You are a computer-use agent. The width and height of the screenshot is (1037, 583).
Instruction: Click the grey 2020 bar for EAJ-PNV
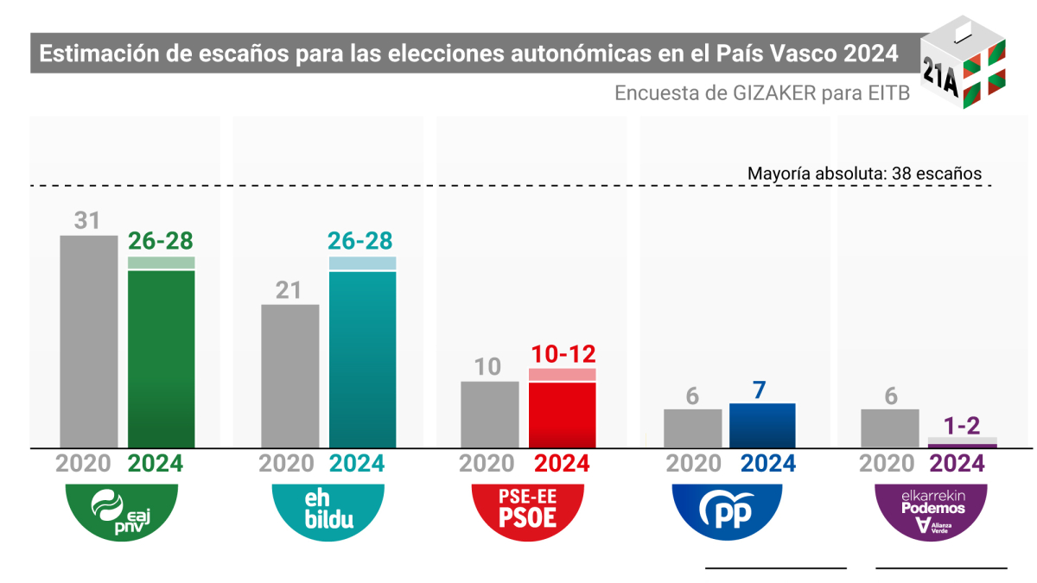pyautogui.click(x=88, y=341)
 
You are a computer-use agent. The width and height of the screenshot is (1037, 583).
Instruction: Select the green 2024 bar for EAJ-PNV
pyautogui.click(x=161, y=358)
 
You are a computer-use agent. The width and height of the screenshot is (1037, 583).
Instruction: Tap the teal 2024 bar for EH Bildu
pyautogui.click(x=362, y=358)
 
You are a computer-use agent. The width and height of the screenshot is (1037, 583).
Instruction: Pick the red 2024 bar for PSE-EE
pyautogui.click(x=562, y=414)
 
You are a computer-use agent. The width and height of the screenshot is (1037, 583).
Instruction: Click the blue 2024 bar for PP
pyautogui.click(x=762, y=425)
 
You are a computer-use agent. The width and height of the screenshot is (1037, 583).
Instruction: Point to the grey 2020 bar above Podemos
pyautogui.click(x=889, y=428)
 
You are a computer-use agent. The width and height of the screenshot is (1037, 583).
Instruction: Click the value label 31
pyautogui.click(x=87, y=221)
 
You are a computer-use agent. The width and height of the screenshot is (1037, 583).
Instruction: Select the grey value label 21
pyautogui.click(x=289, y=290)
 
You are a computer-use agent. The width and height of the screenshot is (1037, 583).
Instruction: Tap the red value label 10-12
pyautogui.click(x=562, y=354)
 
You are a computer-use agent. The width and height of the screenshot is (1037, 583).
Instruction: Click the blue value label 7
pyautogui.click(x=760, y=390)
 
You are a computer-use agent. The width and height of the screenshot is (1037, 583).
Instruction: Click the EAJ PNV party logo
pyautogui.click(x=122, y=512)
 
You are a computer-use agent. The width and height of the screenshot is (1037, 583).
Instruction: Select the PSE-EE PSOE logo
pyautogui.click(x=527, y=511)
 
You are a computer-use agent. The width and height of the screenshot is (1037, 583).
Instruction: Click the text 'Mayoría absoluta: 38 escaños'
pyautogui.click(x=864, y=174)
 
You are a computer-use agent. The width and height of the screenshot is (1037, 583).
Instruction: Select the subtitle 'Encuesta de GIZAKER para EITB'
pyautogui.click(x=762, y=93)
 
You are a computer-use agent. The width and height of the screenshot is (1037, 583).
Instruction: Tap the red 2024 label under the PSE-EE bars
pyautogui.click(x=562, y=464)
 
